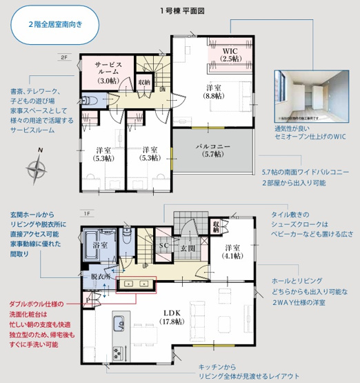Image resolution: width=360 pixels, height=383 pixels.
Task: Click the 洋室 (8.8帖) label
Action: click(x=214, y=91)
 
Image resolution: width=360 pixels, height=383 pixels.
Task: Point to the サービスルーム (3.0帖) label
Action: click(x=108, y=72)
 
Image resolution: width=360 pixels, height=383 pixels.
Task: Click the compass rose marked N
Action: click(x=37, y=166)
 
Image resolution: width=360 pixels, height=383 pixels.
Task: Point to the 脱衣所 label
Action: click(x=101, y=275)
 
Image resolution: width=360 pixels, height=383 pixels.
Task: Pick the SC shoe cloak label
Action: click(x=164, y=245)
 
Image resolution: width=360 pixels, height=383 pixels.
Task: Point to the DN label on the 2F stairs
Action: click(x=162, y=89)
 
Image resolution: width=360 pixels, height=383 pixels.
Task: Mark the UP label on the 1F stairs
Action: click(x=144, y=265)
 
